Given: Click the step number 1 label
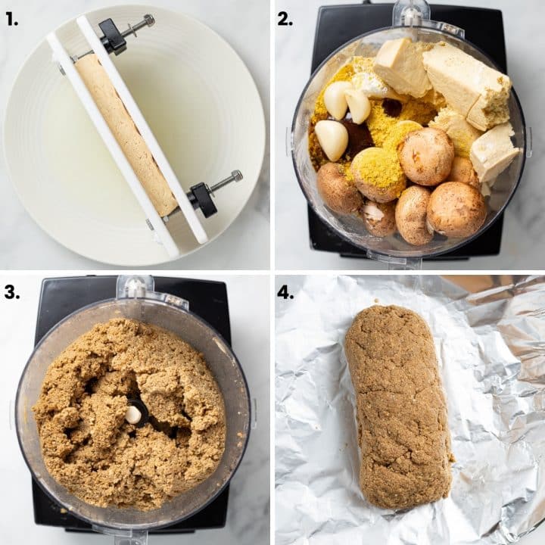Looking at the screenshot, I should click(11, 19).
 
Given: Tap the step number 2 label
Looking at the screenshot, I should click(285, 19).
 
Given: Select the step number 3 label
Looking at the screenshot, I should click(11, 292).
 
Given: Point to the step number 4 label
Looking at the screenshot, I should click(285, 292).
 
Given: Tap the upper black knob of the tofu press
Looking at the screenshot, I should click(113, 36).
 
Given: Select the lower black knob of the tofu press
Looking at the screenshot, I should click(202, 198).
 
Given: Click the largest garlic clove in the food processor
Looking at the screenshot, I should click(332, 139).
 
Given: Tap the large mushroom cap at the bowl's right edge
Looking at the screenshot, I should click(456, 209).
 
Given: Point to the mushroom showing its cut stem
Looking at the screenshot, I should click(378, 217).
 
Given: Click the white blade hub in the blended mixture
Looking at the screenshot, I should click(133, 414).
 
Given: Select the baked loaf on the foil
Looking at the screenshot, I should click(398, 406).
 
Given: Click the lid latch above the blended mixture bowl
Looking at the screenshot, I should click(135, 288).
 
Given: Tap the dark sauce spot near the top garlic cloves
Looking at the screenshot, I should click(391, 107).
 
